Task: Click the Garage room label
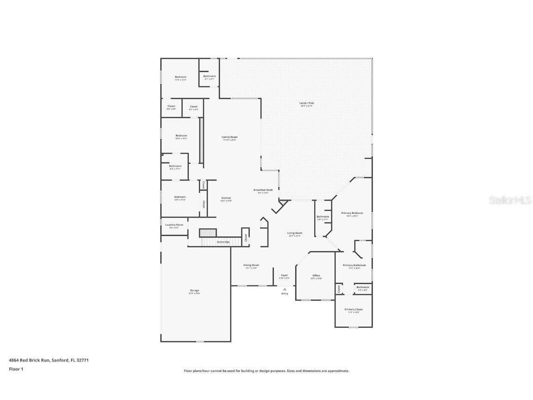(x=194, y=291)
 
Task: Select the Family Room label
(x=229, y=137)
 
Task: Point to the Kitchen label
(x=226, y=198)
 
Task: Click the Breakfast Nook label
(x=263, y=190)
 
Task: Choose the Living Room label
(x=295, y=233)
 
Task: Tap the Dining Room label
(x=251, y=265)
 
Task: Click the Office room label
(x=316, y=276)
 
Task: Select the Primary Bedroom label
(x=352, y=213)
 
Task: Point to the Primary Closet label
(x=353, y=309)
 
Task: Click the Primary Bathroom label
(x=354, y=265)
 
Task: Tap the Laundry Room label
(x=174, y=225)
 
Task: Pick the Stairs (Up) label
(x=223, y=242)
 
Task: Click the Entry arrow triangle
(x=285, y=289)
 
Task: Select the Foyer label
(x=285, y=275)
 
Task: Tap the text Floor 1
(x=16, y=369)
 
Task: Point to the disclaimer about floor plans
(x=266, y=371)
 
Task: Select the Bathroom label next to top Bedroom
(x=210, y=76)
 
